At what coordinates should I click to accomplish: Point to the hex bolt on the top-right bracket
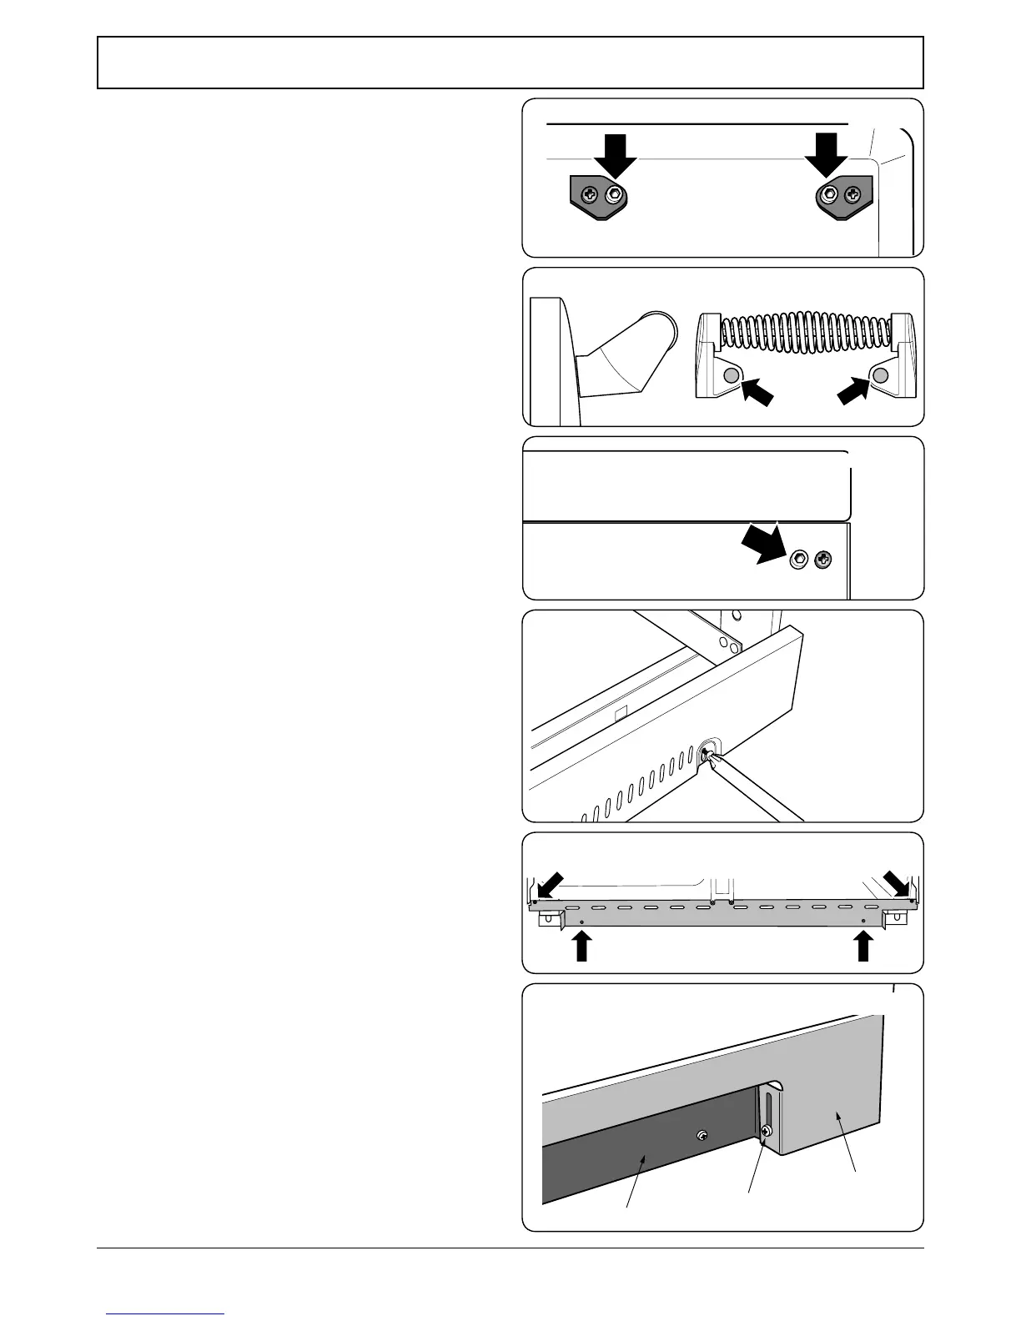(829, 194)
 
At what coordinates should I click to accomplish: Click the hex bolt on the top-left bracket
(615, 195)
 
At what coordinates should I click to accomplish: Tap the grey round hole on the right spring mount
(880, 376)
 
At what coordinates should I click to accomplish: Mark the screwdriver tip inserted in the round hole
(707, 754)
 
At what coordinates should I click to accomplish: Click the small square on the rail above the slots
(620, 715)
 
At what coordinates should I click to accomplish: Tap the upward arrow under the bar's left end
(582, 946)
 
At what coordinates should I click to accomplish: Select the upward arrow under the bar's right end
(863, 946)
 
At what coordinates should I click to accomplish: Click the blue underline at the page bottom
(164, 1314)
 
